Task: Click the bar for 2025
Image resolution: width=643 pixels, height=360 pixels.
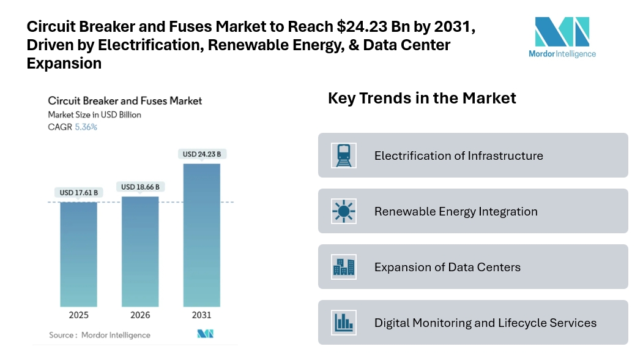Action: [x=78, y=253]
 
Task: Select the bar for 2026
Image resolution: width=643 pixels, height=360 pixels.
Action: [x=140, y=251]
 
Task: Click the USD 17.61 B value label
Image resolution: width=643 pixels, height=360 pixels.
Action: [x=78, y=193]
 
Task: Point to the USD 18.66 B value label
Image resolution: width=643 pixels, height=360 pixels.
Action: [x=140, y=187]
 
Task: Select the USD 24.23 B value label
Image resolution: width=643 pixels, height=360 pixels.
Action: [x=201, y=154]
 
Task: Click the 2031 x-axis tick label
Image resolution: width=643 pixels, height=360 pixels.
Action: [x=201, y=315]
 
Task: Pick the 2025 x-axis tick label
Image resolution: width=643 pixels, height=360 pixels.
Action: [x=78, y=315]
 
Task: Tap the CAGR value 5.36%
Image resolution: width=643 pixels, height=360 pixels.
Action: [x=86, y=127]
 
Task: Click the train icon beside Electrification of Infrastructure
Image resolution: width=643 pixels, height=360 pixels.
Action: [x=343, y=156]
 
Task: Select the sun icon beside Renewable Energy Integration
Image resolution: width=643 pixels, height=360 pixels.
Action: [x=343, y=211]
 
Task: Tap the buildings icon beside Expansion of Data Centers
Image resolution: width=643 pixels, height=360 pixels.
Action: [x=343, y=267]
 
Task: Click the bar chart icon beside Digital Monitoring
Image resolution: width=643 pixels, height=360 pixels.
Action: [x=343, y=323]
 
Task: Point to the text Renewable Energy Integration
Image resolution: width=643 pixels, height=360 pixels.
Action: [x=456, y=211]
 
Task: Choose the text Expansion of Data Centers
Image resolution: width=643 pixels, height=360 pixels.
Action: [x=447, y=267]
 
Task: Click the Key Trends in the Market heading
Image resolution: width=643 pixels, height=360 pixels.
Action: [x=422, y=98]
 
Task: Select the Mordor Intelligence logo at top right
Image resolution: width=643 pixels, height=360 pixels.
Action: [x=562, y=36]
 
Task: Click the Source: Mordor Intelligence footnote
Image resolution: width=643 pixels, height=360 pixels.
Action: [x=100, y=335]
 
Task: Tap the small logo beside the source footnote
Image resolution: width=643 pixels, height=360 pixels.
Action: [x=204, y=334]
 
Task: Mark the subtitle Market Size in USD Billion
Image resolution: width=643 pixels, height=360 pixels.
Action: [x=95, y=114]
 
